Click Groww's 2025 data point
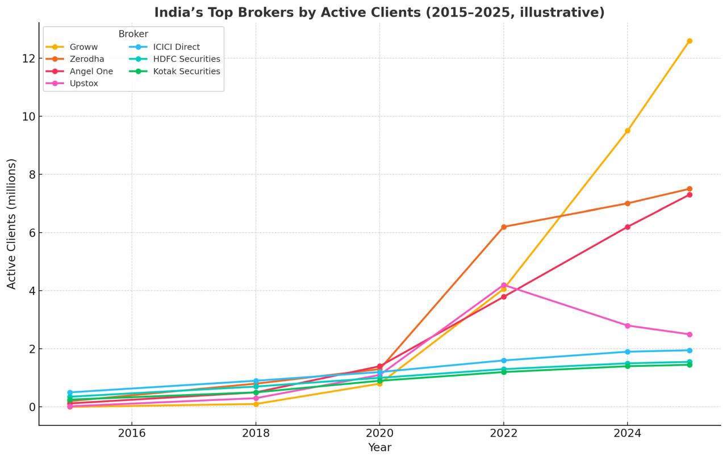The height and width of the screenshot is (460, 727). click(690, 41)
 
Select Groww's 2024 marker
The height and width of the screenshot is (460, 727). click(628, 131)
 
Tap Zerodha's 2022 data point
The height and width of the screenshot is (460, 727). click(504, 227)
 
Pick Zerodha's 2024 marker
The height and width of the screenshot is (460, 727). click(628, 203)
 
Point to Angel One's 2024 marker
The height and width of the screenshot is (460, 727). click(628, 227)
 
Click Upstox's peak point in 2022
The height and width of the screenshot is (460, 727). click(504, 285)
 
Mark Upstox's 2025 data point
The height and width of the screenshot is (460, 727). click(690, 334)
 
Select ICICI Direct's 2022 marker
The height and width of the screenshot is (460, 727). click(504, 361)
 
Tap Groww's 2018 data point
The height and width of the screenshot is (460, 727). click(256, 404)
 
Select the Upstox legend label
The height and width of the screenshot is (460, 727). click(83, 83)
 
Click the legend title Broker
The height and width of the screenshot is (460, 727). click(133, 34)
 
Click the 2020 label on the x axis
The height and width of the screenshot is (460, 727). click(380, 433)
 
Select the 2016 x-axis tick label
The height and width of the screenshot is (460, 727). click(132, 433)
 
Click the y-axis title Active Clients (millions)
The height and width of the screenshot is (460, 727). click(11, 224)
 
